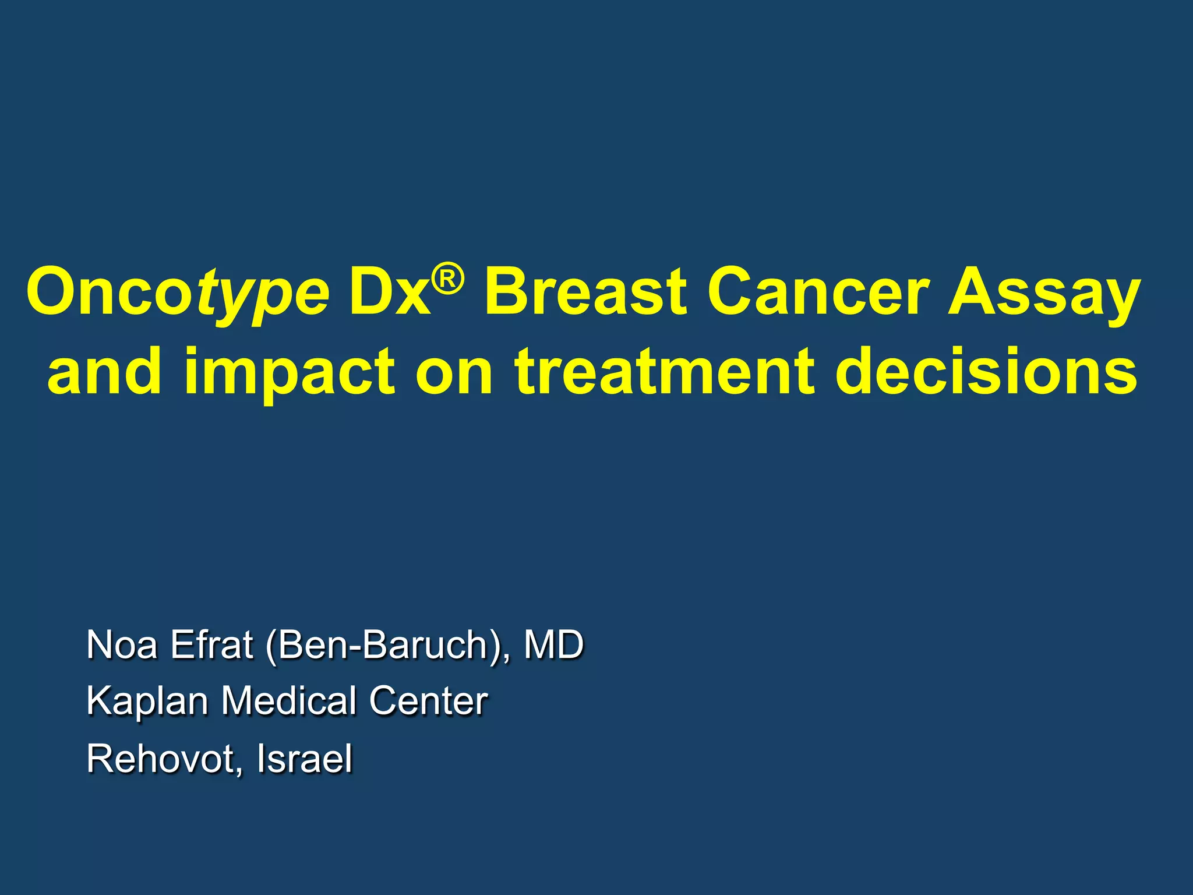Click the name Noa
(x=121, y=645)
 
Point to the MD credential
(x=553, y=645)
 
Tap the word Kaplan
(x=147, y=701)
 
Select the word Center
(x=428, y=700)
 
